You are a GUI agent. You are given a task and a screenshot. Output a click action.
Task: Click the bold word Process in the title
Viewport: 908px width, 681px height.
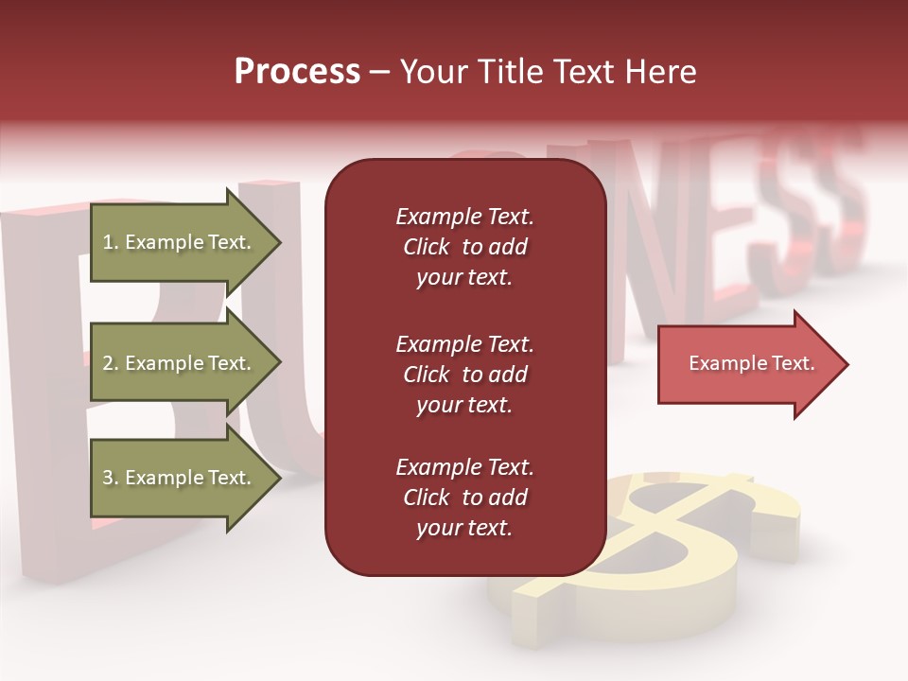point(297,72)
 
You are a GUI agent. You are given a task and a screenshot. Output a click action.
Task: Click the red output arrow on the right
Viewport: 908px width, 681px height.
point(747,364)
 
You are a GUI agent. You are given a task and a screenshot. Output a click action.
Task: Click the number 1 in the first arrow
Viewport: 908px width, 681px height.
point(108,242)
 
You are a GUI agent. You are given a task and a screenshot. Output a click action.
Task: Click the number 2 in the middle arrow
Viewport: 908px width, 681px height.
point(108,363)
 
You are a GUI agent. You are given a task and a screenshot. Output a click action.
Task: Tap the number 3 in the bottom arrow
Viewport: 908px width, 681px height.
point(108,478)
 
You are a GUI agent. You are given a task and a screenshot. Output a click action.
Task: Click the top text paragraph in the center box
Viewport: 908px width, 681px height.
point(464,247)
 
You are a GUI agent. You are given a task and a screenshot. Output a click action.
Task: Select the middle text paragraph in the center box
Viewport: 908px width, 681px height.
point(464,374)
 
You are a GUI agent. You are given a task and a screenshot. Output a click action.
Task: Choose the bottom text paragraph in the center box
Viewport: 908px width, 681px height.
point(464,498)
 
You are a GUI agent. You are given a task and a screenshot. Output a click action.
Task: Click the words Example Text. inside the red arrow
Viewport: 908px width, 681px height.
point(751,363)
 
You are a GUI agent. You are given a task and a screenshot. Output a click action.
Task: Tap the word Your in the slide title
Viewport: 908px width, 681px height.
point(431,72)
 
